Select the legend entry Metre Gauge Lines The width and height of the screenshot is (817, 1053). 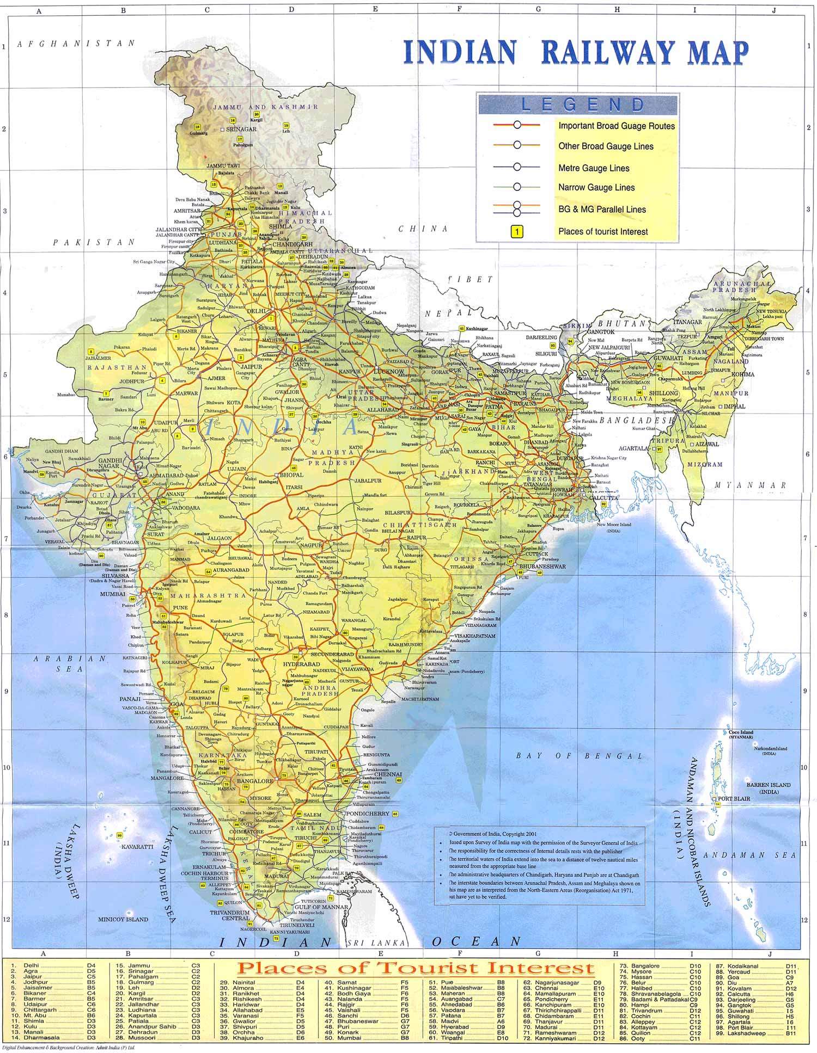[x=593, y=168]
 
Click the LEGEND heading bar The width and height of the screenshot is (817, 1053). [x=577, y=104]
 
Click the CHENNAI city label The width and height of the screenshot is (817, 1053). [x=388, y=774]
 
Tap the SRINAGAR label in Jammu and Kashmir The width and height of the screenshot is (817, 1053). [x=241, y=130]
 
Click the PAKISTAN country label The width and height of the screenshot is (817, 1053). [x=94, y=243]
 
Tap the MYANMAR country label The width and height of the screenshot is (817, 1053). [x=751, y=485]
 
